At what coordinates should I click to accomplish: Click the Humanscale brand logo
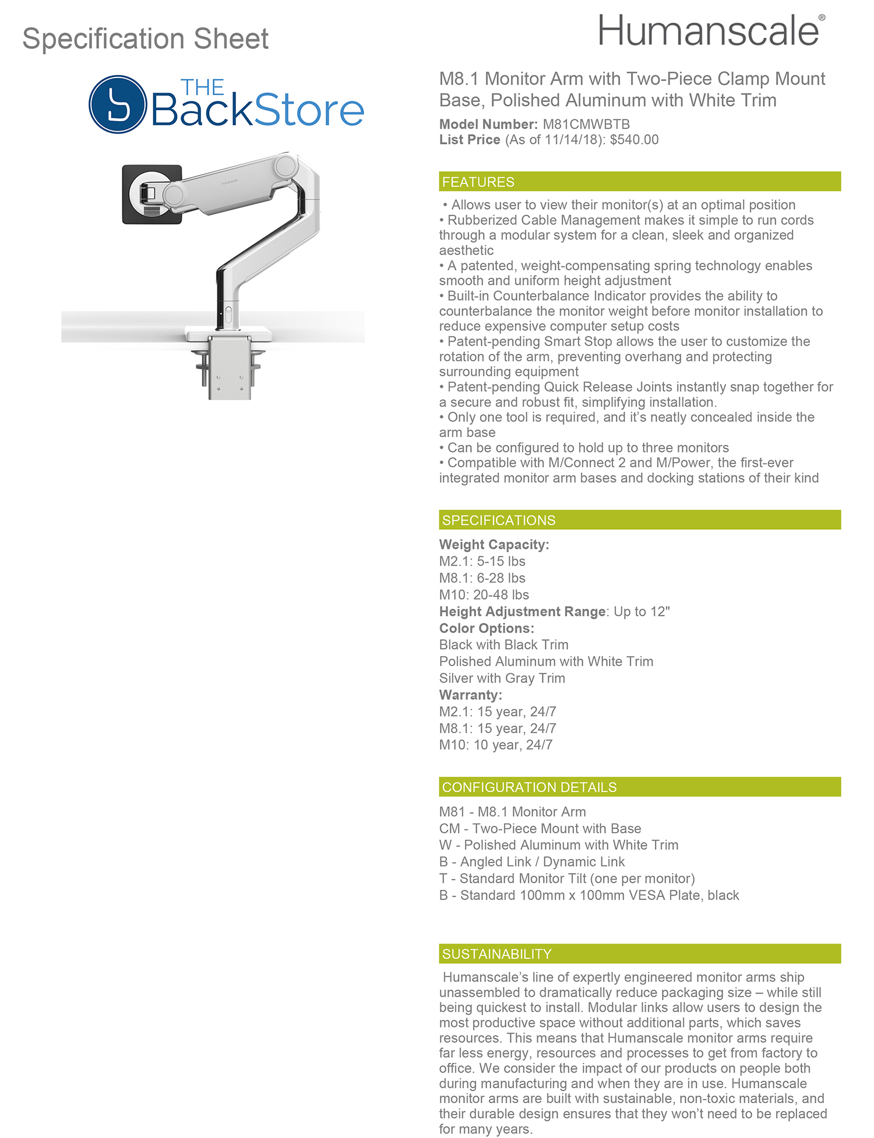click(x=710, y=31)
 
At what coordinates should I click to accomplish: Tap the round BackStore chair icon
click(x=118, y=105)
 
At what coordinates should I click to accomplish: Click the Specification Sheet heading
click(x=145, y=39)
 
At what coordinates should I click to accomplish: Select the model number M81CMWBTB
click(x=586, y=124)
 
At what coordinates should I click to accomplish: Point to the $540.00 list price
click(x=634, y=140)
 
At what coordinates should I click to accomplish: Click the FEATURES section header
click(x=478, y=182)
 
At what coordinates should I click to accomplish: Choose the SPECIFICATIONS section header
click(x=499, y=520)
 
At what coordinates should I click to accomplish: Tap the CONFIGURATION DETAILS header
click(x=529, y=787)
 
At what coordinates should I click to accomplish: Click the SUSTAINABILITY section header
click(x=496, y=954)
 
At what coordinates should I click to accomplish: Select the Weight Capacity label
click(x=494, y=545)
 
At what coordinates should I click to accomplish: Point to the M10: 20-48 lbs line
click(x=484, y=595)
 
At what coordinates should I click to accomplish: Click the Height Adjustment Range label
click(x=523, y=612)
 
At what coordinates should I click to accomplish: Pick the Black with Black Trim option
click(x=503, y=645)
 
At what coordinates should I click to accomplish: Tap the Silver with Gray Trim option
click(x=502, y=678)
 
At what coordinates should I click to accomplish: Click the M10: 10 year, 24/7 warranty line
click(x=495, y=745)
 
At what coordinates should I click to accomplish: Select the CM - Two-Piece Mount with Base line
click(x=540, y=829)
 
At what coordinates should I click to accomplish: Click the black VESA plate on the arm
click(x=151, y=194)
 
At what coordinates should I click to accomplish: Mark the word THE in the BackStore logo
click(x=202, y=88)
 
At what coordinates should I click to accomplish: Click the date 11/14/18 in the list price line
click(x=567, y=140)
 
